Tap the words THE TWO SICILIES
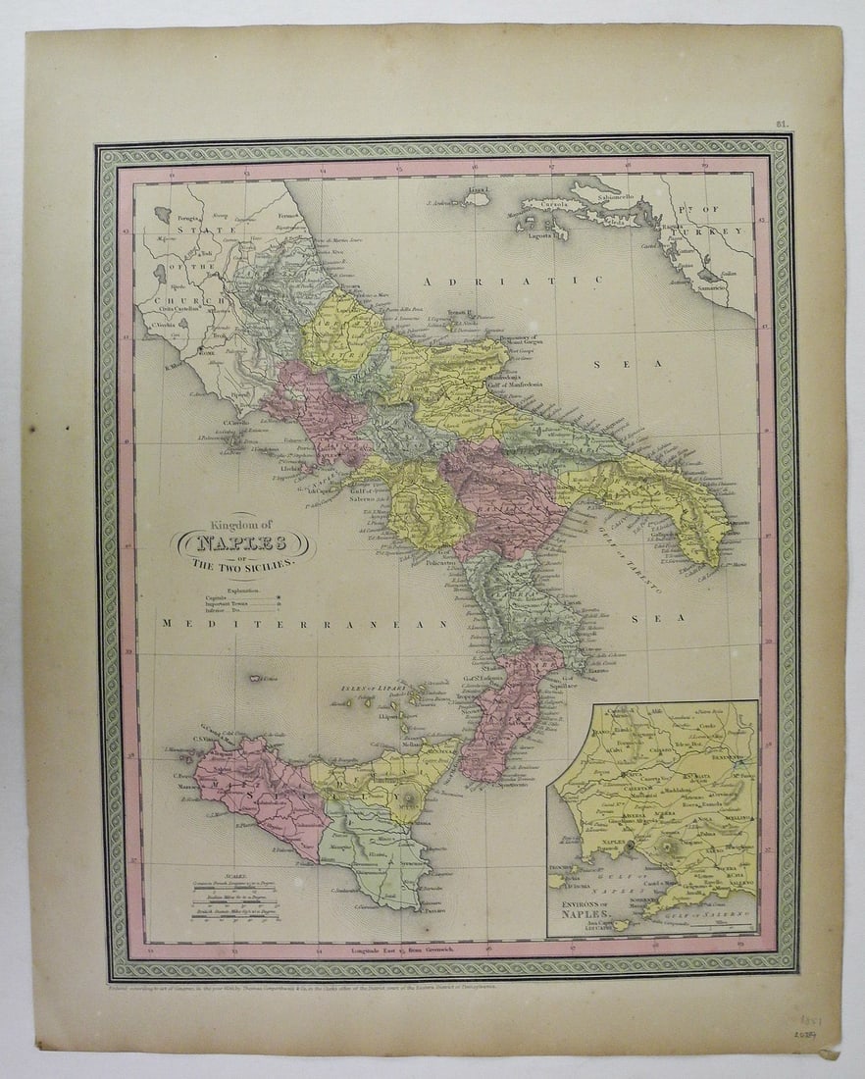pos(242,567)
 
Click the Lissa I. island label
pos(479,189)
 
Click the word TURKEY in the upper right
pos(723,231)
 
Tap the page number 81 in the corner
pos(782,125)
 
